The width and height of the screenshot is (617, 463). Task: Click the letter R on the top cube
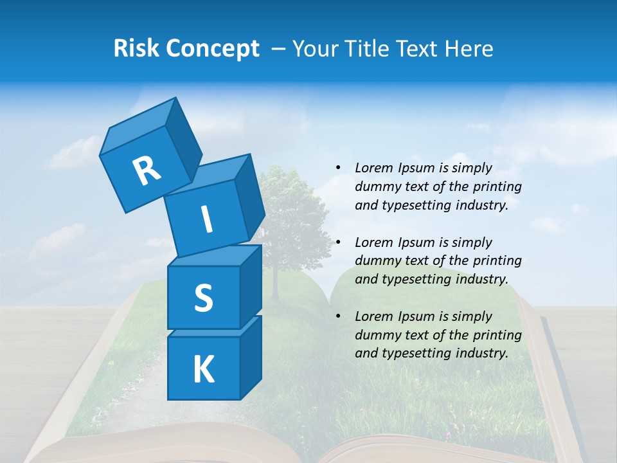coord(147,171)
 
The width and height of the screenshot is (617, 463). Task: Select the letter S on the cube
coord(203,298)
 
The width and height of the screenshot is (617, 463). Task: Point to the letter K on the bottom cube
coord(203,370)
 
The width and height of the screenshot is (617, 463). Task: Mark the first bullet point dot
coord(338,168)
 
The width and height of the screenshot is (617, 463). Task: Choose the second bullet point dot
coord(338,242)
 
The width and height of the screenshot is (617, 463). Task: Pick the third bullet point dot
coord(338,316)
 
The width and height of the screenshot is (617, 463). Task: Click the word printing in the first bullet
coord(496,186)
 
